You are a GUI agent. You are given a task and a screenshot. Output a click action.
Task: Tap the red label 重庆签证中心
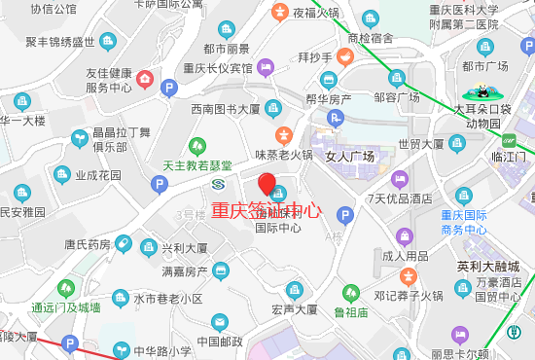click(x=266, y=210)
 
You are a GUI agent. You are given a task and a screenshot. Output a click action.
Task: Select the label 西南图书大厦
click(x=225, y=109)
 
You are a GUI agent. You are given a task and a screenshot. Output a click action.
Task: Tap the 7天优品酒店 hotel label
click(x=399, y=198)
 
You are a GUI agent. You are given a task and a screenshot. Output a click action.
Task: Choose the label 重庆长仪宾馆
click(x=218, y=68)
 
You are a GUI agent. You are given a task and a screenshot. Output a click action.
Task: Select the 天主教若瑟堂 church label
click(x=197, y=165)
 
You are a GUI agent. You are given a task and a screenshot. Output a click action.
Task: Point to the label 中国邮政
click(x=219, y=342)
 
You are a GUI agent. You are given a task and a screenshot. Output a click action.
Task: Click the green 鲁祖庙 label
click(x=351, y=312)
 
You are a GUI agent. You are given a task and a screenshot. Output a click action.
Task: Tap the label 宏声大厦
click(x=295, y=310)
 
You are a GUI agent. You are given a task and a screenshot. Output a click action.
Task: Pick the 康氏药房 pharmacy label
click(x=88, y=245)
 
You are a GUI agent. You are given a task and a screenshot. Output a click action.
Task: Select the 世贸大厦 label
click(x=420, y=144)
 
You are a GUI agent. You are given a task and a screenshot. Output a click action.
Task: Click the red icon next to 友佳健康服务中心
click(x=145, y=77)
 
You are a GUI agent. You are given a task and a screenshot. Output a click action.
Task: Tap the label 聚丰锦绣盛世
click(x=60, y=42)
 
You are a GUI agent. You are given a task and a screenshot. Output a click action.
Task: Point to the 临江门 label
click(x=509, y=156)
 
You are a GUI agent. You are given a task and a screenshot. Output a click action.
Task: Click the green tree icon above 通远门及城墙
click(x=65, y=288)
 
